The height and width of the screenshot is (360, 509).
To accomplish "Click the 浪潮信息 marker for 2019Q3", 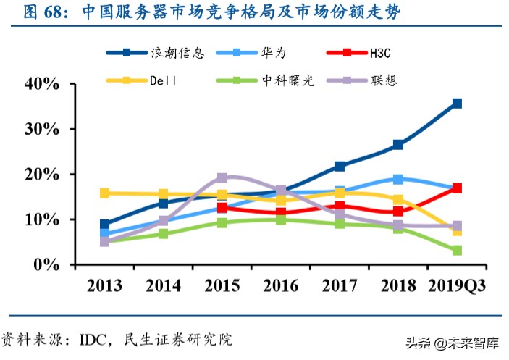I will click(457, 104).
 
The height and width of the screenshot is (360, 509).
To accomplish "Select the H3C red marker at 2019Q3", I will click(457, 188).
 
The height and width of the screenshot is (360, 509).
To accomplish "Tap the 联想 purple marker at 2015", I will click(222, 177).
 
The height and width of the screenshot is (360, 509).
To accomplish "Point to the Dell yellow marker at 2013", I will click(105, 193).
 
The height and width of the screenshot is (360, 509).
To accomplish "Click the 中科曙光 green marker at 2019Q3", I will click(457, 251).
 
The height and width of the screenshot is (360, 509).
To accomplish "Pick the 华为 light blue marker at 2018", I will click(398, 179).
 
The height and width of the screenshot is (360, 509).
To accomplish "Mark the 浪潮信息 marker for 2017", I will click(340, 167).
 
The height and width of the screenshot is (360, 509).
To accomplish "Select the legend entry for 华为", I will click(272, 53).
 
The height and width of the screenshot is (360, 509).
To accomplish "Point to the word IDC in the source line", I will click(94, 339).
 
